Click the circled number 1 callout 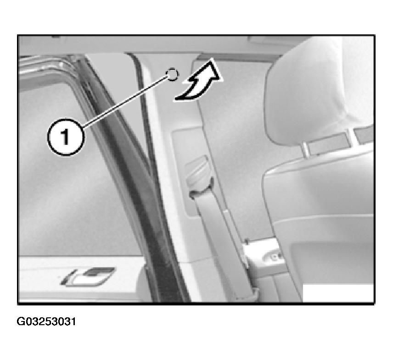pos(66,137)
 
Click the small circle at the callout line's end pos(172,74)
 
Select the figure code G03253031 pos(46,321)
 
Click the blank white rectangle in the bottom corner pos(338,293)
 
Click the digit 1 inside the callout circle pos(65,137)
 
